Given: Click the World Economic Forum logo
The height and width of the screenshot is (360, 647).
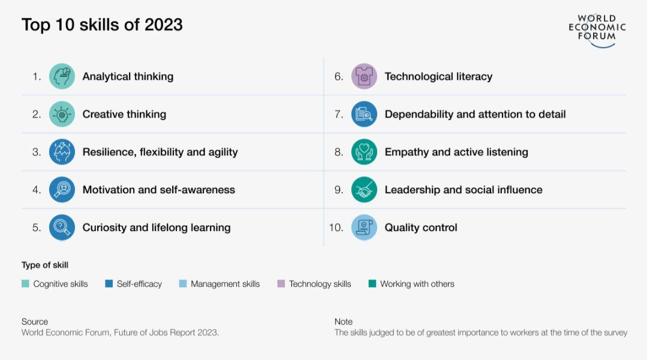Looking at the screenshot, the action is tap(597, 31).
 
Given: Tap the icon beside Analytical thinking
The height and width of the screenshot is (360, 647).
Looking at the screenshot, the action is tap(62, 76).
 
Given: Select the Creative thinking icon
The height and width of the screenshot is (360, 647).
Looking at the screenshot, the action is tap(62, 114).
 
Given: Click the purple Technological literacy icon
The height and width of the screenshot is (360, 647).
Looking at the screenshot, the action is tap(364, 76).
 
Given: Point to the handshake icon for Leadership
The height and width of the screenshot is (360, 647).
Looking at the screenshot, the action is tap(364, 190).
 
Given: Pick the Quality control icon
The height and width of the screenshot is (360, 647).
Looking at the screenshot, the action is tap(364, 227).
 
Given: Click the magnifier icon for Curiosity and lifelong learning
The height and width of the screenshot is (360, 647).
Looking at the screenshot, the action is tap(62, 227).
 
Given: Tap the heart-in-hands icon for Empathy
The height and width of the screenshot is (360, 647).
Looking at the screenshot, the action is tap(364, 152).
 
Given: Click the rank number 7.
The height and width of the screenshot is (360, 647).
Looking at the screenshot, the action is tap(339, 115).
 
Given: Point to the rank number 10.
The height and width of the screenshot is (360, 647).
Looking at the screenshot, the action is tap(336, 227).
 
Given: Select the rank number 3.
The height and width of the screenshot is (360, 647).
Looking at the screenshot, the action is tap(37, 152).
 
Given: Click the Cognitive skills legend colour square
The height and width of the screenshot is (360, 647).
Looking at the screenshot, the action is tap(25, 284).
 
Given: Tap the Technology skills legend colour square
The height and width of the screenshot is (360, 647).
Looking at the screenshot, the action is tap(281, 284).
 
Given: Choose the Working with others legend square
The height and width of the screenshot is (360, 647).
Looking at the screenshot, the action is tap(372, 284).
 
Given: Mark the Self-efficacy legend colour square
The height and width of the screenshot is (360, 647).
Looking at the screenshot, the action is tap(109, 284).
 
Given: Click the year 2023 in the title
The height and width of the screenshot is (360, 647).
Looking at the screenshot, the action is tap(164, 25).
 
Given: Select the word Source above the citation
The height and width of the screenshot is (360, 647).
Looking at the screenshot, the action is tap(35, 322).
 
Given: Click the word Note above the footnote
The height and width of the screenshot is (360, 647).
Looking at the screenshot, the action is tap(344, 322).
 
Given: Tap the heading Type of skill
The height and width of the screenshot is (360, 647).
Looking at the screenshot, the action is tap(45, 265).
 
